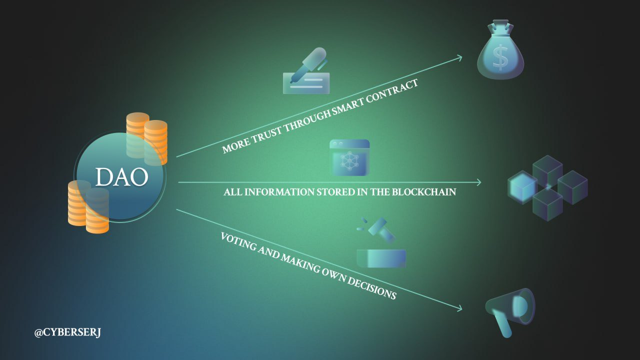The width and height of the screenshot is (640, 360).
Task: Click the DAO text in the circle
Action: [x=121, y=177]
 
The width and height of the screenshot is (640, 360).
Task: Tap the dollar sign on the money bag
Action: [x=500, y=58]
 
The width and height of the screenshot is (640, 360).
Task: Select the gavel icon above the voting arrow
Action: [x=381, y=242]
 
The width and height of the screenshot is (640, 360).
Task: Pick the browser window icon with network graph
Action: [x=349, y=157]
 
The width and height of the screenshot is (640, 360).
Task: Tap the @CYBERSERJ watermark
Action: [x=67, y=332]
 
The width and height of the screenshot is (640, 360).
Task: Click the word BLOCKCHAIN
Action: [x=423, y=191]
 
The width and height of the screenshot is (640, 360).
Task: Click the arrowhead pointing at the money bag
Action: [x=459, y=57]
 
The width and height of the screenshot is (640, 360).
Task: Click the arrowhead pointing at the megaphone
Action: [x=459, y=308]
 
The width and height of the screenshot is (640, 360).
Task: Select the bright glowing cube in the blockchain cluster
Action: [x=522, y=187]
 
